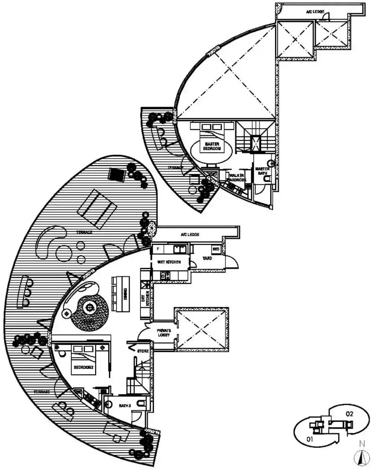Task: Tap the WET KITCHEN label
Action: click(169, 262)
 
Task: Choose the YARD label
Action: click(207, 259)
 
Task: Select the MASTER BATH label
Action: click(262, 171)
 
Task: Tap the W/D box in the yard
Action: click(216, 249)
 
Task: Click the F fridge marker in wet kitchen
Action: click(158, 249)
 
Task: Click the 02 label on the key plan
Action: click(350, 414)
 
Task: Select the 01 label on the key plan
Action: click(310, 440)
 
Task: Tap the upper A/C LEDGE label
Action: click(314, 13)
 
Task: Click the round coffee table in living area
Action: click(89, 308)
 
